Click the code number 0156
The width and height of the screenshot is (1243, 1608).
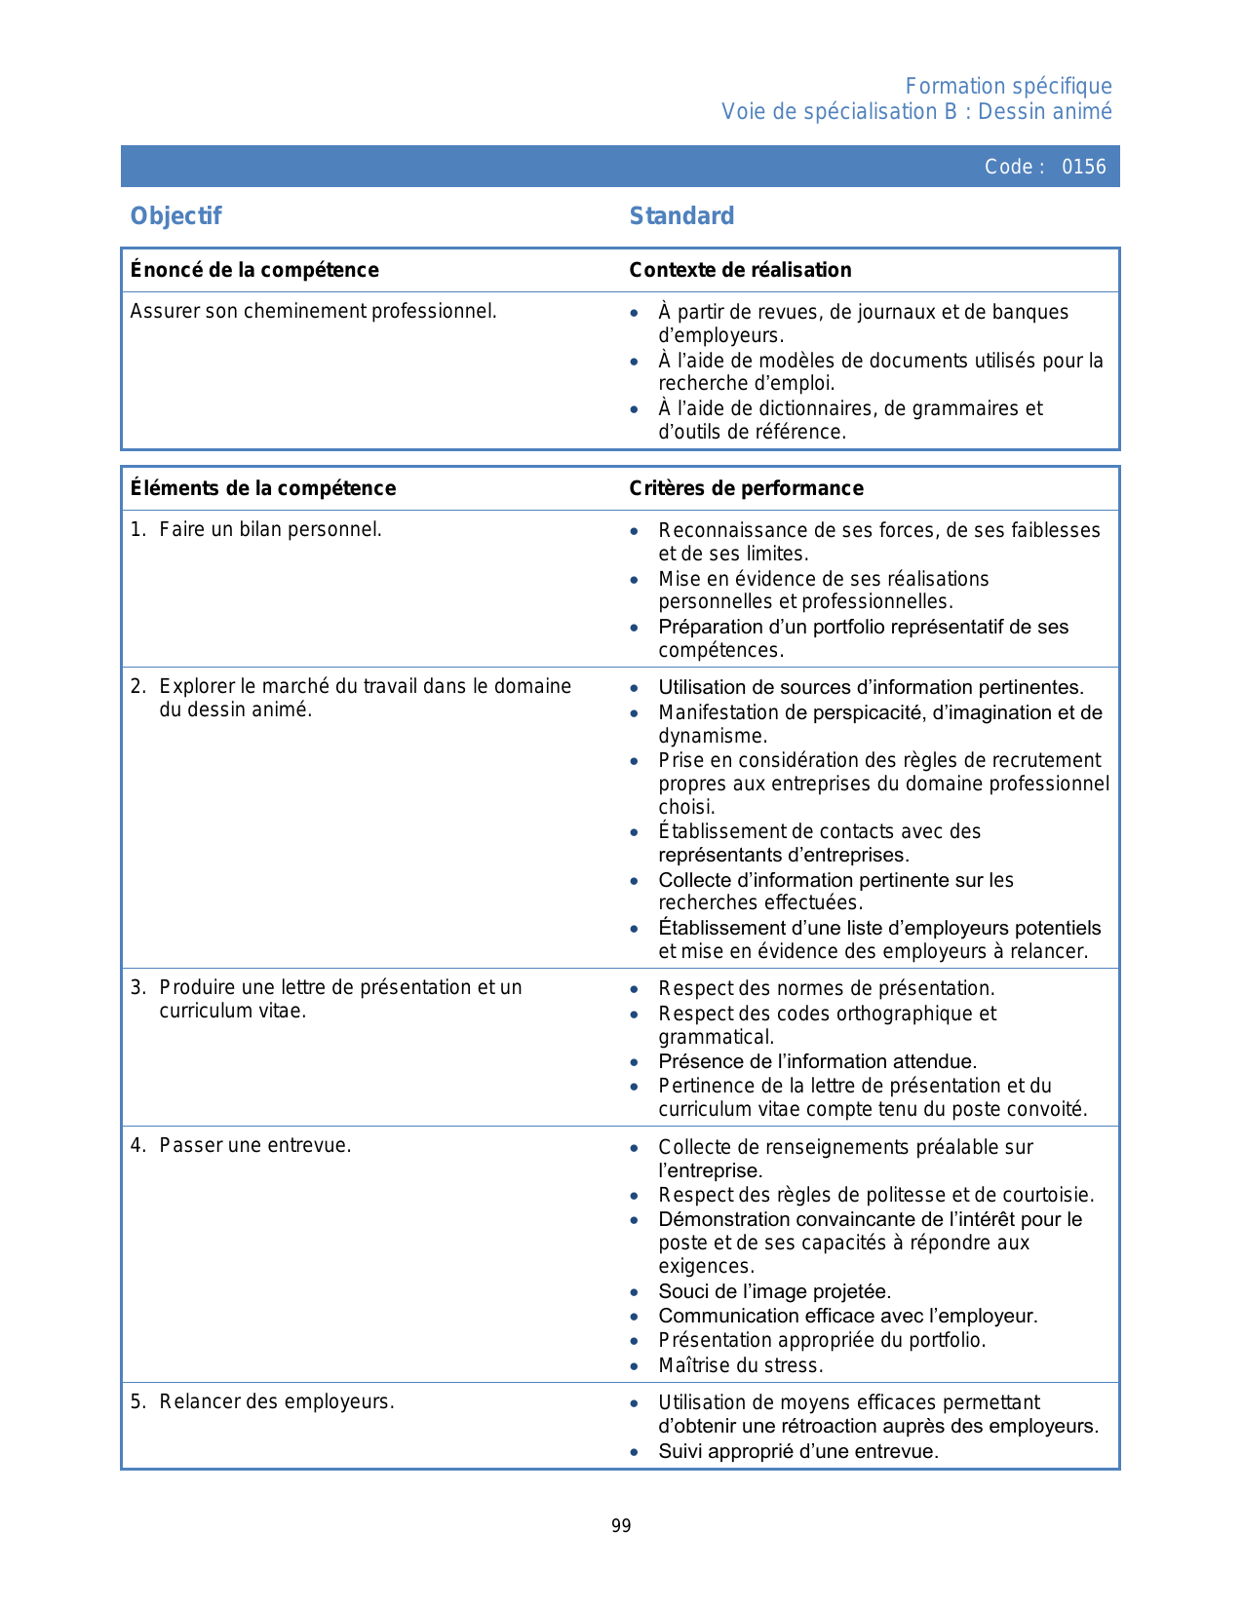(1083, 167)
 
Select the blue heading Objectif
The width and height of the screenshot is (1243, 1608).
(176, 215)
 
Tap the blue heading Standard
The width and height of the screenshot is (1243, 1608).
(681, 215)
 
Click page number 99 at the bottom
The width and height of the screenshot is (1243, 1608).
(621, 1526)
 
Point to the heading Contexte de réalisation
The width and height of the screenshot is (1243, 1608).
(740, 270)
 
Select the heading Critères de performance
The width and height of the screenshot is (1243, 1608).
(746, 488)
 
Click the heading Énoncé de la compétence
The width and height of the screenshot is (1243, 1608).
(254, 270)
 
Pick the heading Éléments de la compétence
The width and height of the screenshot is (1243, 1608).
(263, 488)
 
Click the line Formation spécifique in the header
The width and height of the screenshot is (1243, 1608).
(1008, 87)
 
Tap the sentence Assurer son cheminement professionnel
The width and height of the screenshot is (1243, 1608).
(313, 312)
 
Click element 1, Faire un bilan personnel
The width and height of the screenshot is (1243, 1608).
(270, 530)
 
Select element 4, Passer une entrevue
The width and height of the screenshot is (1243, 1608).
(254, 1146)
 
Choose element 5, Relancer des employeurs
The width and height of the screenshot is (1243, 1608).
(276, 1402)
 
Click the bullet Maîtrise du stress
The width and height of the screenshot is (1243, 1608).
(740, 1365)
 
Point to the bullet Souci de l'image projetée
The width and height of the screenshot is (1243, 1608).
(774, 1292)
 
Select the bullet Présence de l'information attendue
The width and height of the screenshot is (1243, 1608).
(817, 1061)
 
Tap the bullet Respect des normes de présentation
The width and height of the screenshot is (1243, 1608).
(827, 988)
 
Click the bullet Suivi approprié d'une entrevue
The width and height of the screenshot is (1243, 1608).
(797, 1451)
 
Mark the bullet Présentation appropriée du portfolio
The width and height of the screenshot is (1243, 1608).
(822, 1341)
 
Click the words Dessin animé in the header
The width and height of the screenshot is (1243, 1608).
(1044, 112)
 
